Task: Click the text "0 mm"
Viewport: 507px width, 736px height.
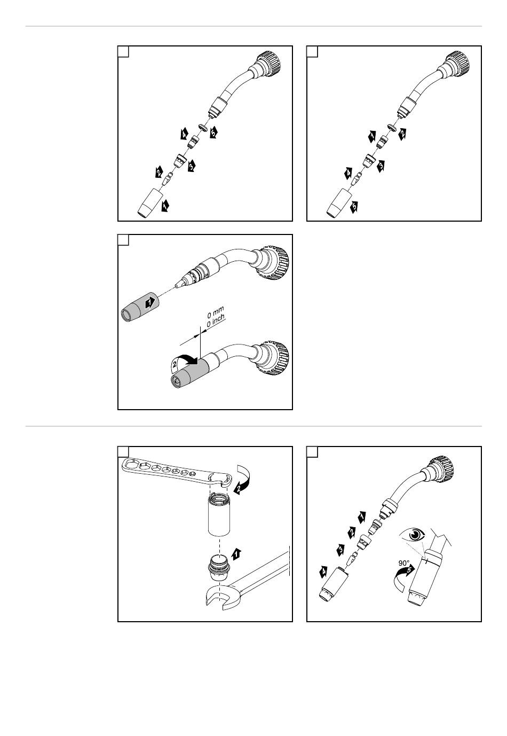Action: [x=216, y=311]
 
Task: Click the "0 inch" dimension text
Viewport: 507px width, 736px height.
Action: [x=216, y=320]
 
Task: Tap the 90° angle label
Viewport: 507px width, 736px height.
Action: [x=404, y=563]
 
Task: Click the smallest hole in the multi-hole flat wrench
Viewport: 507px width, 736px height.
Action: [x=193, y=473]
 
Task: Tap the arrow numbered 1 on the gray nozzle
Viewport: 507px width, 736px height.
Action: [x=150, y=302]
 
